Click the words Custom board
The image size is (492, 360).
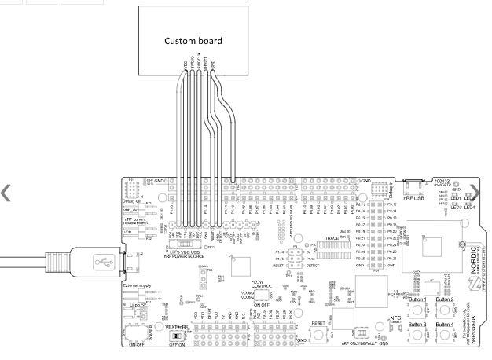193,40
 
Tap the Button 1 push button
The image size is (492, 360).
417,310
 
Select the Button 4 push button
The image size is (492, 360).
445,336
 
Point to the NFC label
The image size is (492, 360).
396,318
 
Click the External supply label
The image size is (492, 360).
137,285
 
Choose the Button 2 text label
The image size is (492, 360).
444,300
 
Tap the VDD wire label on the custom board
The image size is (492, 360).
185,61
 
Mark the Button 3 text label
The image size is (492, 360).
417,325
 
